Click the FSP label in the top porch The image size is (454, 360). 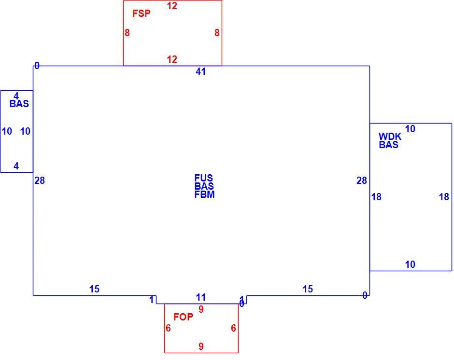click(142, 14)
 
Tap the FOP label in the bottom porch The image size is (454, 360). click(183, 317)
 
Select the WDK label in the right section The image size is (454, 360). click(390, 136)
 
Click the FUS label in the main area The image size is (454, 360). click(203, 178)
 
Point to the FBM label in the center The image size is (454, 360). click(204, 194)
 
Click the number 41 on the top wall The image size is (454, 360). click(200, 71)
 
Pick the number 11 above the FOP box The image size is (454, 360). click(200, 297)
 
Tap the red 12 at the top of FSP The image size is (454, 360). click(172, 6)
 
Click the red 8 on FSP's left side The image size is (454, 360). click(127, 33)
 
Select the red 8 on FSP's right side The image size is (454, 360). click(217, 33)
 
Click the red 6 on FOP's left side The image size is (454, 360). click(168, 328)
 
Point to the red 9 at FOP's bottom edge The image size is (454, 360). click(201, 346)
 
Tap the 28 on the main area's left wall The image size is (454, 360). click(40, 180)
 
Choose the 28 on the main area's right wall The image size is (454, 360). click(362, 180)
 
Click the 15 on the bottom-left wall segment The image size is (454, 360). click(94, 289)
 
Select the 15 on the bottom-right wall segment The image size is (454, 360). click(308, 289)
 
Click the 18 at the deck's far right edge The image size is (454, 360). click(444, 197)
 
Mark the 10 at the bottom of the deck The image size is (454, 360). click(410, 264)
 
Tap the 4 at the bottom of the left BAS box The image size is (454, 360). click(16, 166)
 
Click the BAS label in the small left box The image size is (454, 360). click(19, 104)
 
